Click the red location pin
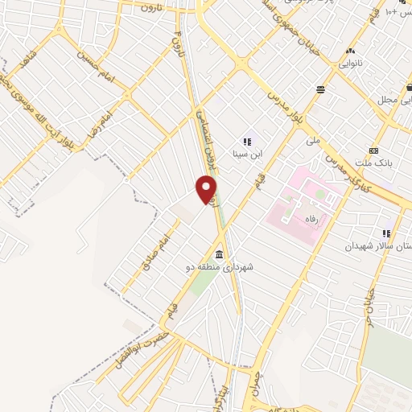point(207,188)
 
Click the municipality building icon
point(220,254)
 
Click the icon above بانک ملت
point(373,150)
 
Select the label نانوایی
point(349,63)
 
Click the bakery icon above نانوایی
point(349,50)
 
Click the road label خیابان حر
point(368,309)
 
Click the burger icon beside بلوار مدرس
point(321,89)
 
